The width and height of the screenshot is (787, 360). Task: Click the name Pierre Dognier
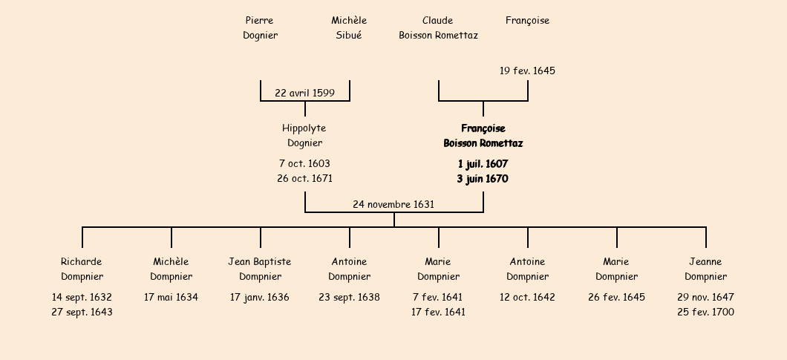click(x=260, y=28)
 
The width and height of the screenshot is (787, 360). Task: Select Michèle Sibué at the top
click(x=349, y=28)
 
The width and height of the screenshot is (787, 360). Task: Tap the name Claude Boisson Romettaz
click(x=438, y=28)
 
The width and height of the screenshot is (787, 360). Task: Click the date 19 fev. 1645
click(x=527, y=71)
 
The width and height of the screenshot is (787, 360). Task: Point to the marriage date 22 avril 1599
click(x=304, y=94)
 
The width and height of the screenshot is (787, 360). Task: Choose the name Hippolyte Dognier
click(x=304, y=136)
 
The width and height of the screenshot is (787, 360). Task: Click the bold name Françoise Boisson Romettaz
click(x=483, y=136)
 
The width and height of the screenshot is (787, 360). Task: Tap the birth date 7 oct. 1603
click(x=304, y=164)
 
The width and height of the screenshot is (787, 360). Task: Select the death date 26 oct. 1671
click(x=304, y=179)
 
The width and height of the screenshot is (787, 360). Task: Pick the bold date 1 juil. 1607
click(x=483, y=164)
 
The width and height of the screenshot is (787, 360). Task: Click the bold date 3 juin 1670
click(x=483, y=179)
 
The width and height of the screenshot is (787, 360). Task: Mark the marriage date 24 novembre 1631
click(x=393, y=205)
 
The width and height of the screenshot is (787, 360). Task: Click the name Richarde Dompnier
click(x=82, y=269)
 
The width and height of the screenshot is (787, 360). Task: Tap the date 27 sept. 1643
click(x=82, y=312)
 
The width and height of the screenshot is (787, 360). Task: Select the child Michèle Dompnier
click(x=171, y=269)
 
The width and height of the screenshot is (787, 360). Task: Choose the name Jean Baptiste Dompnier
click(x=260, y=269)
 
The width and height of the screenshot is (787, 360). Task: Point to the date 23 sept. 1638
click(x=349, y=298)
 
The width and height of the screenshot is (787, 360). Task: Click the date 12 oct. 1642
click(x=527, y=298)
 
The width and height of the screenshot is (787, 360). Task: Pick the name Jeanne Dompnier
click(x=705, y=269)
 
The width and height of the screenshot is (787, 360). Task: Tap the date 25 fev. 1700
click(x=705, y=312)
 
